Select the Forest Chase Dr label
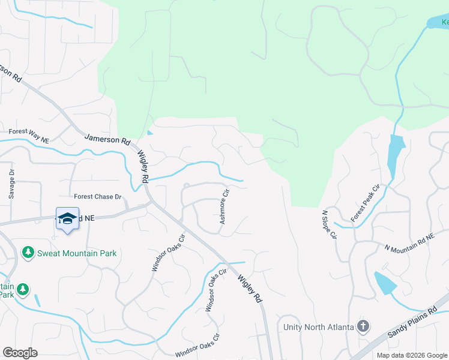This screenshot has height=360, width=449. [98, 197]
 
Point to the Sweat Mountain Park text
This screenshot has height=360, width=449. [77, 253]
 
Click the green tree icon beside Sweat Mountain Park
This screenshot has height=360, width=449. [28, 253]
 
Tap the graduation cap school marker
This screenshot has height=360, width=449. [68, 219]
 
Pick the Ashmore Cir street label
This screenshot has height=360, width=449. [224, 208]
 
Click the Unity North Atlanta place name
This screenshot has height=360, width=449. [318, 327]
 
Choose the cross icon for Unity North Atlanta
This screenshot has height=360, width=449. [363, 326]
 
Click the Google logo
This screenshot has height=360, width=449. [20, 353]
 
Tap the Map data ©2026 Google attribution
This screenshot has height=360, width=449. [412, 355]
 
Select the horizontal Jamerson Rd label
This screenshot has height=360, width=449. [107, 142]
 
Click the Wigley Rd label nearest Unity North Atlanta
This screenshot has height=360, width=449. [250, 288]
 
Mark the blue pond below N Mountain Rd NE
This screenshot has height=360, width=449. [384, 283]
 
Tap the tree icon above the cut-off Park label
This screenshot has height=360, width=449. [23, 290]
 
